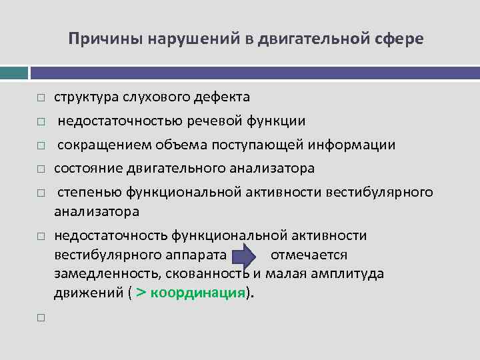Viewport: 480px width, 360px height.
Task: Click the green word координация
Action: click(x=198, y=294)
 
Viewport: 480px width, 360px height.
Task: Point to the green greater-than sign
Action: click(x=141, y=293)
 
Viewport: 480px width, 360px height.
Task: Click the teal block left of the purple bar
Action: click(x=14, y=72)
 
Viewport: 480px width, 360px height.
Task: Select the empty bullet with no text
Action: click(x=41, y=318)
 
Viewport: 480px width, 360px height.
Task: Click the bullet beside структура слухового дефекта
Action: click(x=41, y=98)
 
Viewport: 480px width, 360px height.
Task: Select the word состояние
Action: click(x=85, y=169)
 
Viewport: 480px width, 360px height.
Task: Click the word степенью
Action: click(x=89, y=193)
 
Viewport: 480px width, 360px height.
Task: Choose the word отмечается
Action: click(x=309, y=255)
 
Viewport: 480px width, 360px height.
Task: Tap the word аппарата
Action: click(x=198, y=255)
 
